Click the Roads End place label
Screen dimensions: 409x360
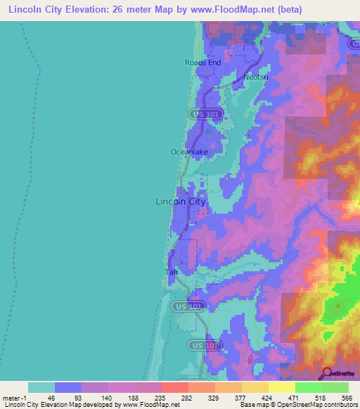203,63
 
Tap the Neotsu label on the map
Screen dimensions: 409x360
256,77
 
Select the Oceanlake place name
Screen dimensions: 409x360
189,152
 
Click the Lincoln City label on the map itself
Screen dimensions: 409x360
181,202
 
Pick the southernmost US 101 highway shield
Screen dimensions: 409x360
205,346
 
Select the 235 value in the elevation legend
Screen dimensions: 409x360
159,397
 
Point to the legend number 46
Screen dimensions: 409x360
53,397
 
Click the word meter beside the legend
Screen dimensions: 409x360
11,397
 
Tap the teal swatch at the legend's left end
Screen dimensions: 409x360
41,387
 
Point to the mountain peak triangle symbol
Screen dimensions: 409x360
338,306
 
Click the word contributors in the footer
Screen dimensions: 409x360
340,405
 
